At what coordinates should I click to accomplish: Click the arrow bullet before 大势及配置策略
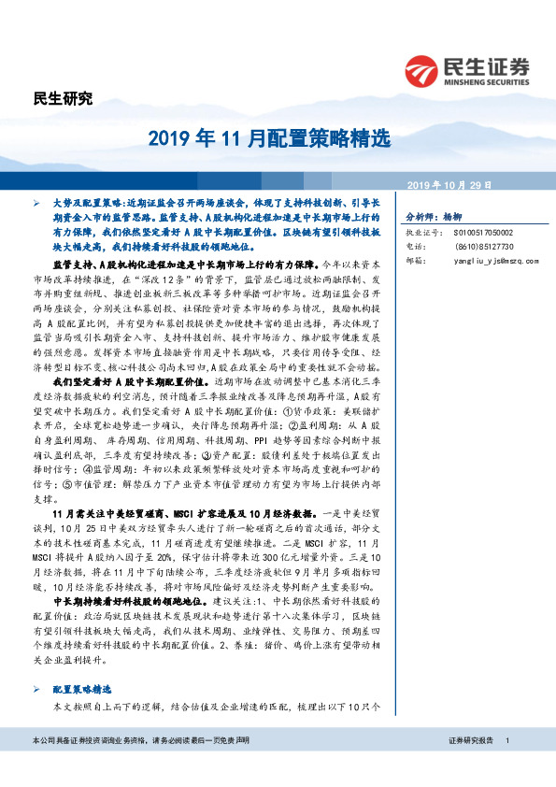point(36,202)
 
